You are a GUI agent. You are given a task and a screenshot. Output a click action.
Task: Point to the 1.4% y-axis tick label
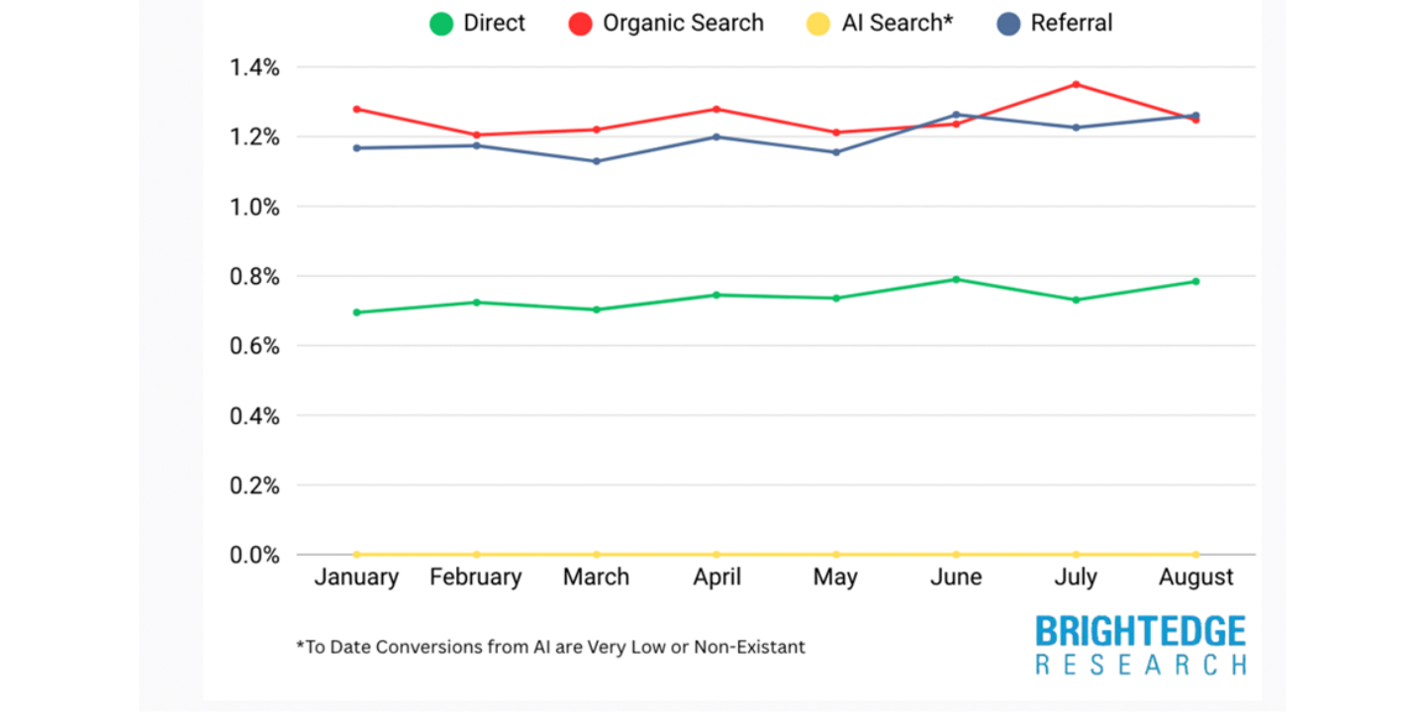tap(254, 67)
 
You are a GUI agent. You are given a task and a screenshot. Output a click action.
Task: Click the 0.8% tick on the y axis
tap(254, 277)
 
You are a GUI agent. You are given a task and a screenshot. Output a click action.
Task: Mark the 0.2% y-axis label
tap(254, 486)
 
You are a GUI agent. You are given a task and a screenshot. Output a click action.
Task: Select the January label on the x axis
tap(356, 578)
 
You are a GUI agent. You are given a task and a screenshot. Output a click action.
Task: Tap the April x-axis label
tap(716, 578)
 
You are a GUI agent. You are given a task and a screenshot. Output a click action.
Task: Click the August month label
tap(1195, 578)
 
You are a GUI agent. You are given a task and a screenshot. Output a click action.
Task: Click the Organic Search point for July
tap(1076, 84)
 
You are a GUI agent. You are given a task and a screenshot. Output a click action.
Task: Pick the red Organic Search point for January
tap(356, 109)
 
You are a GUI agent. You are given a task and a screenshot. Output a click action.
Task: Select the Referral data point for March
tap(597, 161)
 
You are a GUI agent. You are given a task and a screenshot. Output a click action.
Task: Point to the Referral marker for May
tap(836, 152)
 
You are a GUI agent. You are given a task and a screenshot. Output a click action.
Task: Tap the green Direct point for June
tap(956, 279)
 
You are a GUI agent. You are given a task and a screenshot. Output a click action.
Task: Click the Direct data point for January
tap(356, 312)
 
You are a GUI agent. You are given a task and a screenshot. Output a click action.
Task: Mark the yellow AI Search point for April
tap(716, 555)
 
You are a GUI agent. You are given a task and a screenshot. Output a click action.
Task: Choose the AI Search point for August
tap(1195, 555)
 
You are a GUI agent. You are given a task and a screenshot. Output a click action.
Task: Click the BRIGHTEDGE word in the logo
tap(1140, 632)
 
